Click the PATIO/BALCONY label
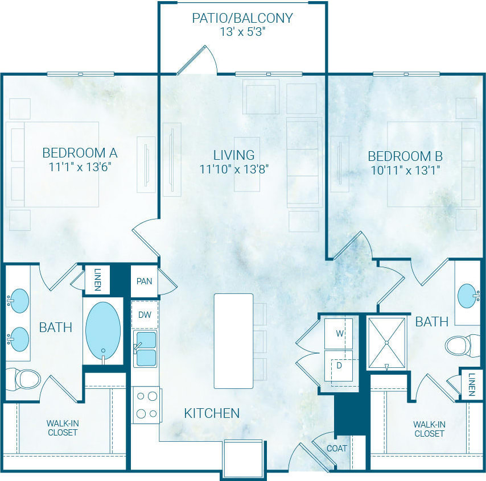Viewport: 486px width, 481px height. pos(242,18)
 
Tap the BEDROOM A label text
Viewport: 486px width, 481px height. pos(80,153)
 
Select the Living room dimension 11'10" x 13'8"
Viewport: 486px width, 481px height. pos(234,169)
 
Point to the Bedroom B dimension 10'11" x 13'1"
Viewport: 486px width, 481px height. pos(405,169)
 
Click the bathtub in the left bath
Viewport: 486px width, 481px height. pos(103,330)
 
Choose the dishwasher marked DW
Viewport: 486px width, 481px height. pos(145,315)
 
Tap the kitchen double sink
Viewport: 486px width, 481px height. pos(145,349)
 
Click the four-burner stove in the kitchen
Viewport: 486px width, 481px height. pos(146,405)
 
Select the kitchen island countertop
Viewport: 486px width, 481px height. pos(233,341)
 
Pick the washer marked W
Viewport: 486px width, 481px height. pos(339,333)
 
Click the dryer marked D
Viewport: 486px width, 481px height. pos(339,366)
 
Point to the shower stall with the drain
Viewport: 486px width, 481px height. pos(386,343)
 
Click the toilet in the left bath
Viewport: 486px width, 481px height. pos(23,378)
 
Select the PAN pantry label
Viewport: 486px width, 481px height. pos(145,281)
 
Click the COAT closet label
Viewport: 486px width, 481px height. pos(337,449)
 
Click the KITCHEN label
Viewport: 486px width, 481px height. pos(212,413)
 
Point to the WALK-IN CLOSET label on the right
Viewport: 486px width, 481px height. pos(429,429)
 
